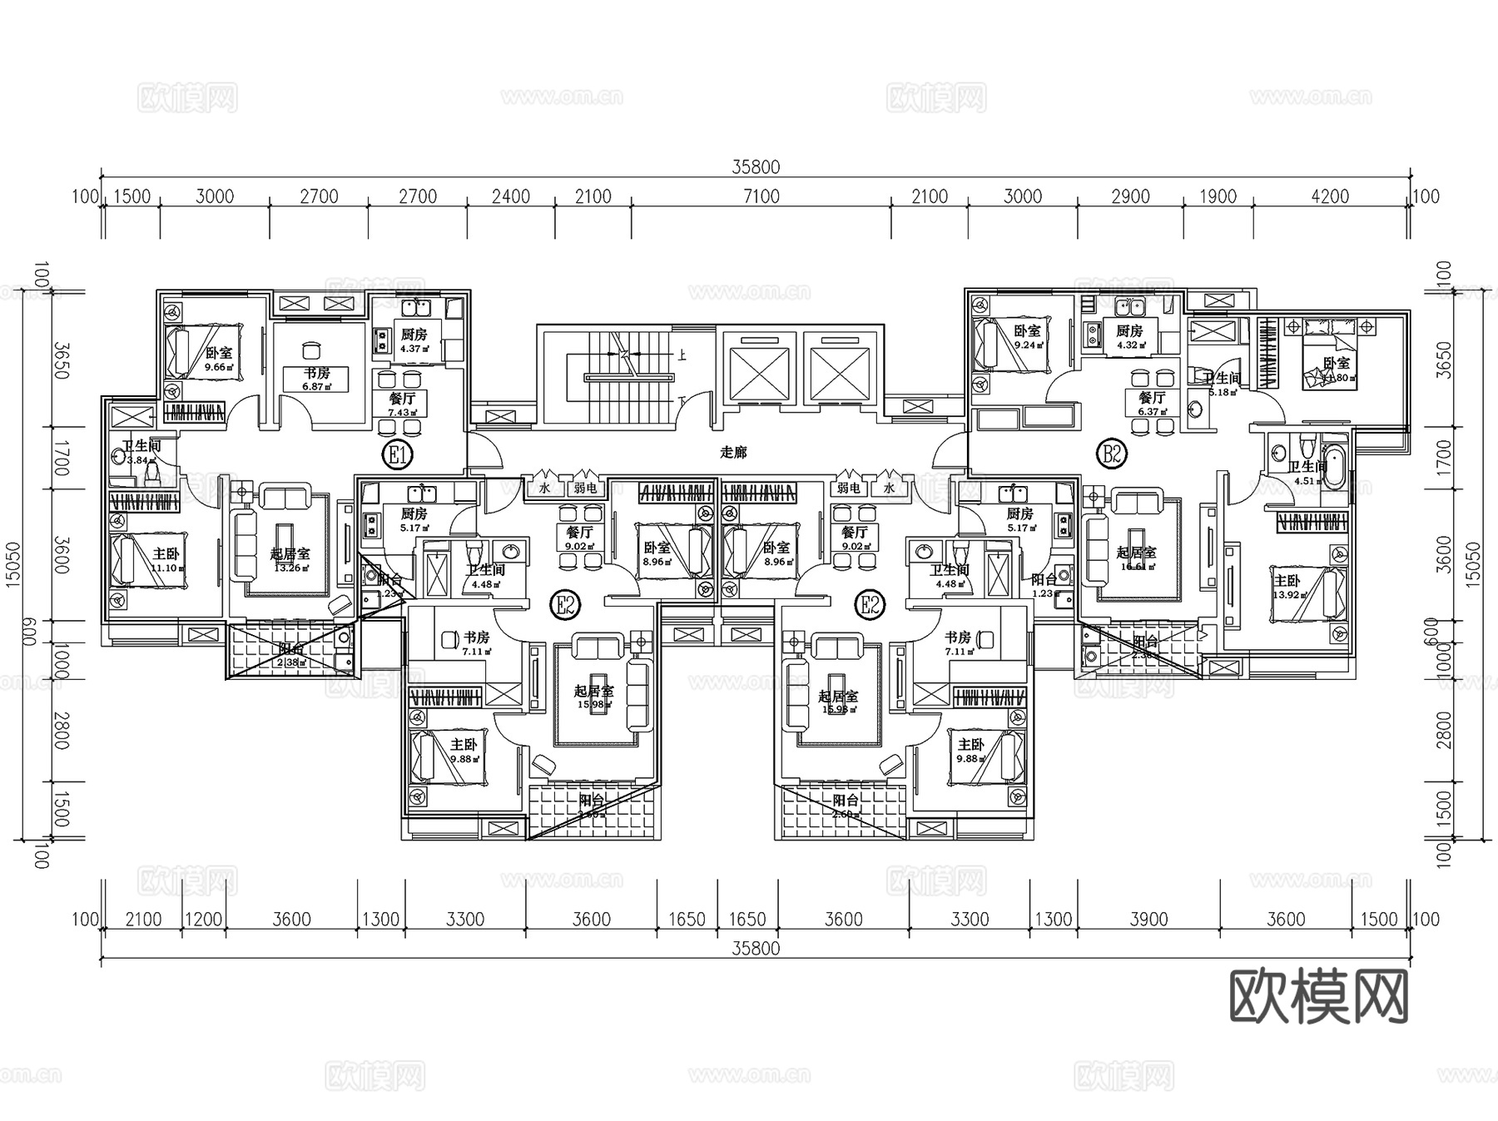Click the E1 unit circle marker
398,454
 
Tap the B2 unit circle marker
1113,454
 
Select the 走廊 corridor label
733,452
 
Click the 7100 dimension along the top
761,196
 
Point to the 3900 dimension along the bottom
1148,919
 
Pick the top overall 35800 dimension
756,166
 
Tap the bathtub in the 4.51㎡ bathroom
1333,468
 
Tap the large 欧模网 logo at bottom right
1319,996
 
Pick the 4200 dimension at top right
1330,196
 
